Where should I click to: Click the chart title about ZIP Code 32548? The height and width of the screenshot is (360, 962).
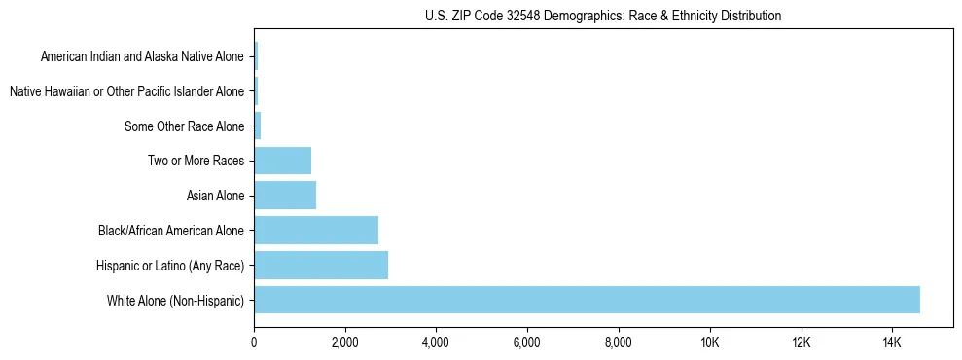603,16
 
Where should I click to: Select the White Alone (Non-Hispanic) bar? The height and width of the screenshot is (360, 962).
587,300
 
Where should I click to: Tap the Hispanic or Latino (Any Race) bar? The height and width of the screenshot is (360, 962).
321,265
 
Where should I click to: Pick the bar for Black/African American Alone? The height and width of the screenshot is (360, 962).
316,231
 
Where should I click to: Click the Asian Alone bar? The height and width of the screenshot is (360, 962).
285,196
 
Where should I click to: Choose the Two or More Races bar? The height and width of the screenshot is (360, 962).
282,161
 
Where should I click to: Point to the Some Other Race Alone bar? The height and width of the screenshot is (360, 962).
258,126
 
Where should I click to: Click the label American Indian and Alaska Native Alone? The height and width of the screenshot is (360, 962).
142,56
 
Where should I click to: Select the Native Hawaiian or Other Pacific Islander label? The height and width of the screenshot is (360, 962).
126,91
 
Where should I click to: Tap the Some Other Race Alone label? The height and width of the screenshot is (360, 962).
185,126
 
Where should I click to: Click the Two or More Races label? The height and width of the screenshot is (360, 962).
196,161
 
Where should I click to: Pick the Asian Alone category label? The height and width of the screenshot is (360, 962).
215,196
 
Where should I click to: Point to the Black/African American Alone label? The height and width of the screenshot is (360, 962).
171,231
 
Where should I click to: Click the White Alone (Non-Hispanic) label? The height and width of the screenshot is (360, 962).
176,301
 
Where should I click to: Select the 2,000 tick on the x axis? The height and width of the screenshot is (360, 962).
344,342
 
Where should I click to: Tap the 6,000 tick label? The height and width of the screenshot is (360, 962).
526,342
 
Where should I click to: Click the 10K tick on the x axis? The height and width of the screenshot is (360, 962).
709,342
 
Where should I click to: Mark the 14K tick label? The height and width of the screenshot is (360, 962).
892,342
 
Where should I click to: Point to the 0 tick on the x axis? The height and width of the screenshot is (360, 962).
254,342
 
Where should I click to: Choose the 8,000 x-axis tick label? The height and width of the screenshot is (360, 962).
618,342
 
